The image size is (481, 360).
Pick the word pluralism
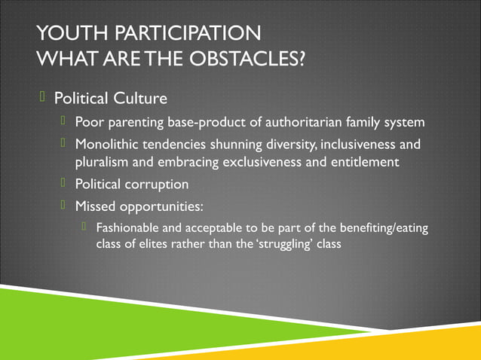coord(103,162)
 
